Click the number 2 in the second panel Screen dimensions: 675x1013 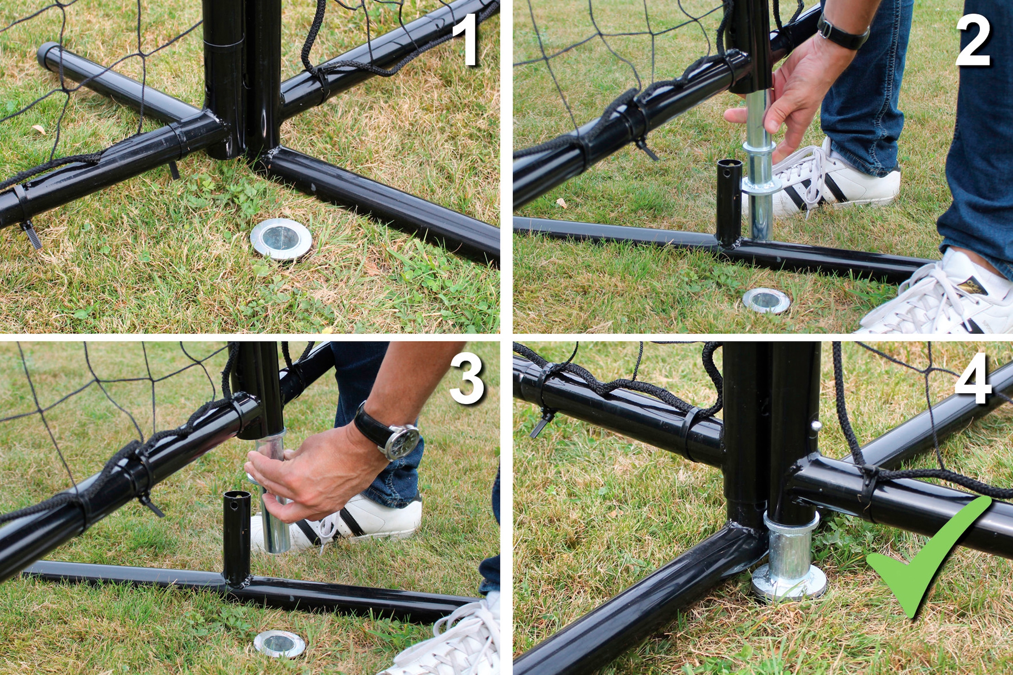point(973,40)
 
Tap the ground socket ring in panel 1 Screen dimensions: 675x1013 point(281,239)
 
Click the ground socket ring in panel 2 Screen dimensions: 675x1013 point(766,301)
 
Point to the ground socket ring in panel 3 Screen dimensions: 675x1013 point(279,644)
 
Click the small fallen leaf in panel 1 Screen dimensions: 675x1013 point(39,129)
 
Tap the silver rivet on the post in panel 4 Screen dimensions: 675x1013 point(815,426)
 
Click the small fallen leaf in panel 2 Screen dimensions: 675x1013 point(561,202)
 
